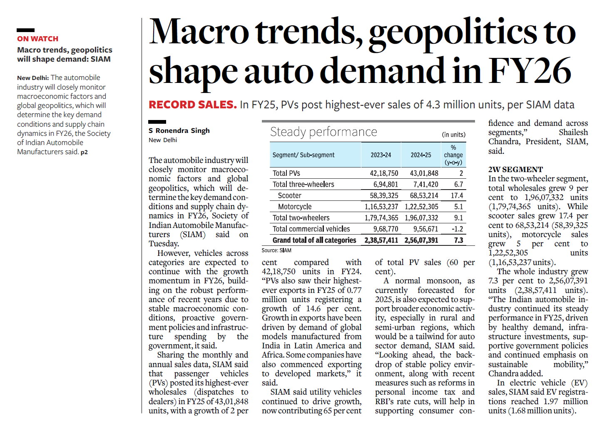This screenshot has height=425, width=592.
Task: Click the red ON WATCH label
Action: point(37,39)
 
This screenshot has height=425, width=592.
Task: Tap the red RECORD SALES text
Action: point(192,105)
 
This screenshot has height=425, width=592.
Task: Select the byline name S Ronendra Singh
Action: point(179,130)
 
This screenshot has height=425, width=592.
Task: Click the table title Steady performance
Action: point(323,132)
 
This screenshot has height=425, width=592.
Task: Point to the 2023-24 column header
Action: point(381,155)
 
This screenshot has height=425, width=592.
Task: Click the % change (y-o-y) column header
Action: point(453,155)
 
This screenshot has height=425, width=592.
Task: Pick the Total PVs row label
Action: point(286,173)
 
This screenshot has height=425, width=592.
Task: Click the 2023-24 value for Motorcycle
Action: point(381,207)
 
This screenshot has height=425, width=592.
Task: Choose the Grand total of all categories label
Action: point(314,240)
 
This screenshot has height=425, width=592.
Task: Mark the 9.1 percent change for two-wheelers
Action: point(458,218)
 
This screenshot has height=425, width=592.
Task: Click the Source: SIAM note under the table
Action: point(276,250)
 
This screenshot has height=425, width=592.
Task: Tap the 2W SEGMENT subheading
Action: point(515,170)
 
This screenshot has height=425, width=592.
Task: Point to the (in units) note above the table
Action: point(453,135)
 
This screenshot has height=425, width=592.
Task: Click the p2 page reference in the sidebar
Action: point(84,152)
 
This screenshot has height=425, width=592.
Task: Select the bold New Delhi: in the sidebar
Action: point(33,78)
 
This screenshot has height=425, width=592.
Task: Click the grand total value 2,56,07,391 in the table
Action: point(421,240)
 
